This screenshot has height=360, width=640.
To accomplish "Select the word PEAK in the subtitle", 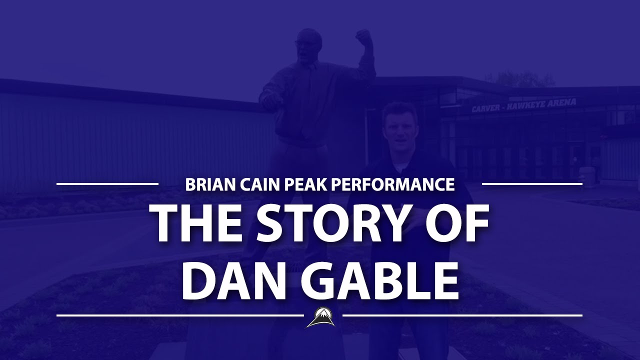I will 298,184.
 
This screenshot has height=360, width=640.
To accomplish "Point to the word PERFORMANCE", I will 390,184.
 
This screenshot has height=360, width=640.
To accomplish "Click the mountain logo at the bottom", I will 320,317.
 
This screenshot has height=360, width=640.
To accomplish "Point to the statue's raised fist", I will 363,36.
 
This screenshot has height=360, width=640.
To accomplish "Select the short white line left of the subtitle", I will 107,184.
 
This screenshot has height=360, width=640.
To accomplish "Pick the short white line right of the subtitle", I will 532,184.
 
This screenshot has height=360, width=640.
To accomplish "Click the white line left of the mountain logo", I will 180,315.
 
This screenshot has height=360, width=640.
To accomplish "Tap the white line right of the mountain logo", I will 462,315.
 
